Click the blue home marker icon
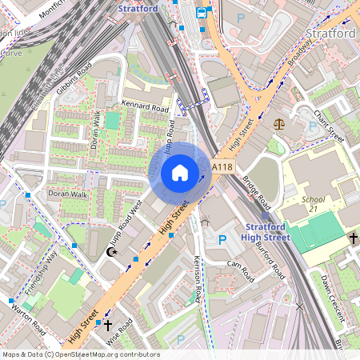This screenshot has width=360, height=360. click(x=180, y=172)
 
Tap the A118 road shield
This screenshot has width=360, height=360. click(x=222, y=166)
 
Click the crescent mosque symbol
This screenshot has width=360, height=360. click(x=112, y=252)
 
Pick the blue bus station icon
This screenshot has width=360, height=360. click(x=202, y=12)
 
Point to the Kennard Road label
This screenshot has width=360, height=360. click(x=145, y=106)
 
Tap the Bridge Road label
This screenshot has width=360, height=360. click(x=258, y=190)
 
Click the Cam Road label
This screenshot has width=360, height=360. click(x=240, y=266)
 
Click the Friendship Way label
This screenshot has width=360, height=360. click(x=41, y=272)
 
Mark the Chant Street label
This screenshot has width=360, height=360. click(x=328, y=126)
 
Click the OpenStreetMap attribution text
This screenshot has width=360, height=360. click(x=80, y=354)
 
